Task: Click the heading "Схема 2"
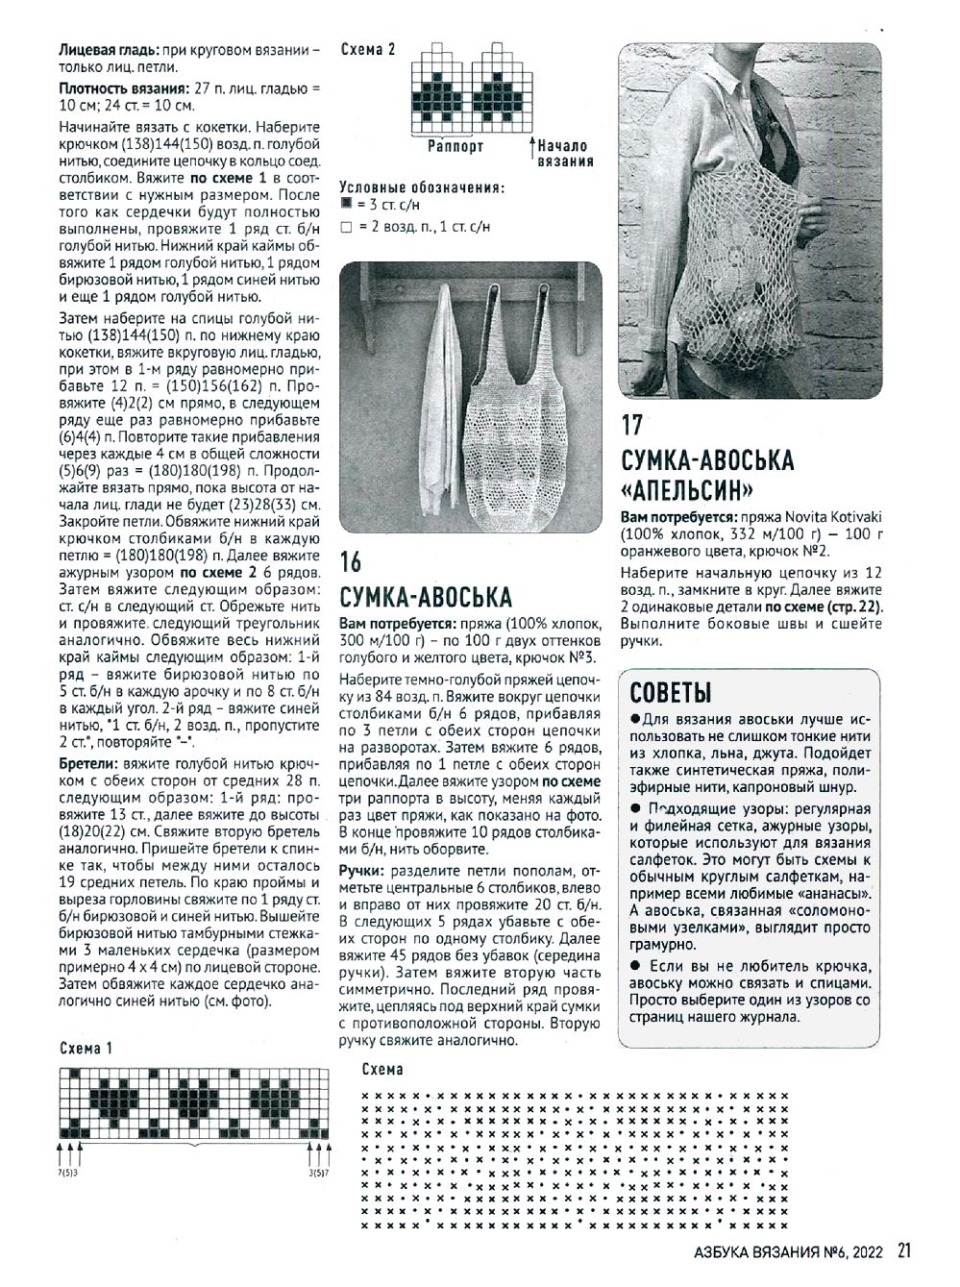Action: pyautogui.click(x=368, y=50)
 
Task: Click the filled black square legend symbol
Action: pyautogui.click(x=346, y=206)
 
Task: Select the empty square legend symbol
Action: pyautogui.click(x=346, y=227)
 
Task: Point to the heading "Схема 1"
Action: pyautogui.click(x=86, y=1049)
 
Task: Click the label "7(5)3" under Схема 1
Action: pyautogui.click(x=67, y=1174)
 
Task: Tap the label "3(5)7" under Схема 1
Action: pyautogui.click(x=319, y=1174)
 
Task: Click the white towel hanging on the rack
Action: pyautogui.click(x=442, y=404)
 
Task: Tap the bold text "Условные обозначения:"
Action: pyautogui.click(x=422, y=187)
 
